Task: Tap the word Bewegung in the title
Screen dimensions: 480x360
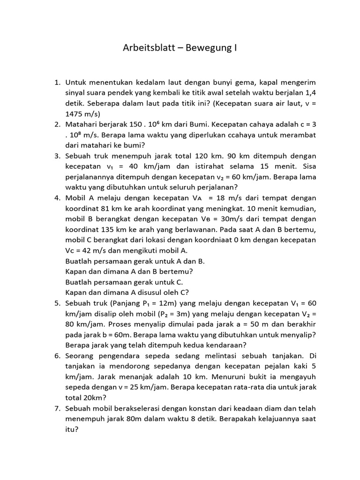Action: click(210, 48)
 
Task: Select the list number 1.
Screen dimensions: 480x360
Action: click(57, 82)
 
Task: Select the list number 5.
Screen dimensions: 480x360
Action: click(57, 302)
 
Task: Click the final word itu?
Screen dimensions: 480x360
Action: click(71, 428)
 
